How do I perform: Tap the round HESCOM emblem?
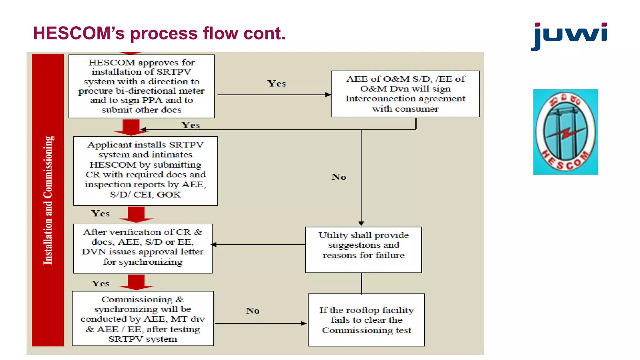click(x=565, y=132)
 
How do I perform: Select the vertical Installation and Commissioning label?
click(x=48, y=200)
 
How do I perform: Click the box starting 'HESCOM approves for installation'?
click(x=141, y=86)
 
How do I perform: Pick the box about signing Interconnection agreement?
click(x=405, y=94)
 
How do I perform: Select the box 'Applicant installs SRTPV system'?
click(x=145, y=171)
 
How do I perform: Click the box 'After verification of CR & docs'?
click(x=143, y=248)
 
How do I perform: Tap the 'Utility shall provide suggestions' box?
click(x=363, y=249)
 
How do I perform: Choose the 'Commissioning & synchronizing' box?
click(x=143, y=318)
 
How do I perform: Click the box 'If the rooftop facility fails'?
click(x=366, y=320)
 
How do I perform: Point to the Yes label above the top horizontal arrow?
click(x=277, y=84)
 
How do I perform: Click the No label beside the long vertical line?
click(x=339, y=177)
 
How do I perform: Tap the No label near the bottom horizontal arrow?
click(x=252, y=311)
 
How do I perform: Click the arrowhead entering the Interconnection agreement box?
click(x=328, y=95)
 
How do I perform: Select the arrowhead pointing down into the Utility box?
click(x=361, y=223)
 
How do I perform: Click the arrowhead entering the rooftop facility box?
click(x=303, y=323)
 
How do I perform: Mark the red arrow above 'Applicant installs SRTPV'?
click(x=131, y=127)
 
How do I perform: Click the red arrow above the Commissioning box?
click(x=136, y=282)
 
